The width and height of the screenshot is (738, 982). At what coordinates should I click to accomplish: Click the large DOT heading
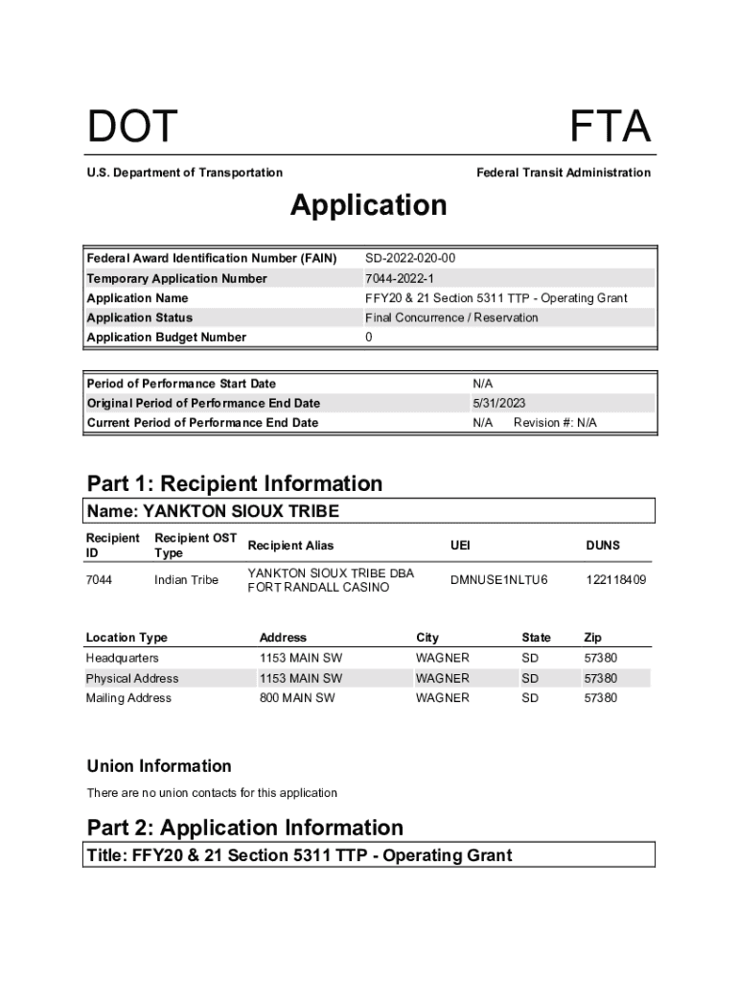pyautogui.click(x=132, y=128)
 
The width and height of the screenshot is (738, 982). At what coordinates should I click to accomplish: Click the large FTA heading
pyautogui.click(x=610, y=128)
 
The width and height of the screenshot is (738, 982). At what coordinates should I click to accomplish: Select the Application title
pyautogui.click(x=369, y=205)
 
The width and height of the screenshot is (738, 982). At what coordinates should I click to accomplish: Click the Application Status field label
pyautogui.click(x=140, y=317)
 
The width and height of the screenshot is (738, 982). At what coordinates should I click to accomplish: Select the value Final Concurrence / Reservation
pyautogui.click(x=451, y=317)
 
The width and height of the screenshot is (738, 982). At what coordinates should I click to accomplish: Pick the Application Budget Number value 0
pyautogui.click(x=369, y=338)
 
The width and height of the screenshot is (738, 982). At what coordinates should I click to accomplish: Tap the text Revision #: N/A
pyautogui.click(x=555, y=423)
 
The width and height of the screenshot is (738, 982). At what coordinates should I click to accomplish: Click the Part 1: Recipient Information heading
pyautogui.click(x=235, y=483)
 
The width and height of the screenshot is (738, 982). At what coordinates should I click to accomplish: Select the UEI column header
pyautogui.click(x=460, y=546)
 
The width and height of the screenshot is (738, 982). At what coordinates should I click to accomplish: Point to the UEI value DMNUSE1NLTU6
pyautogui.click(x=498, y=580)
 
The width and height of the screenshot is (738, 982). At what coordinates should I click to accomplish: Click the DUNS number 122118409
pyautogui.click(x=616, y=580)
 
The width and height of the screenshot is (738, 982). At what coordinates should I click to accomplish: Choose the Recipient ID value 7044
pyautogui.click(x=99, y=580)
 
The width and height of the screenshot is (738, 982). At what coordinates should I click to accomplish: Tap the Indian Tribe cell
pyautogui.click(x=186, y=580)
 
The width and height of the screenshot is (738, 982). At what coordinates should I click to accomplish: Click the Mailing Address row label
pyautogui.click(x=128, y=698)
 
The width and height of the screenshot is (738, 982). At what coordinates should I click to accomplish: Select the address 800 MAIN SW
pyautogui.click(x=297, y=698)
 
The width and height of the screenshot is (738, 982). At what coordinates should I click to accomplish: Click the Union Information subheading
pyautogui.click(x=159, y=766)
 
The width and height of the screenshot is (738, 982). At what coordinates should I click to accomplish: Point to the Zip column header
pyautogui.click(x=593, y=638)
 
